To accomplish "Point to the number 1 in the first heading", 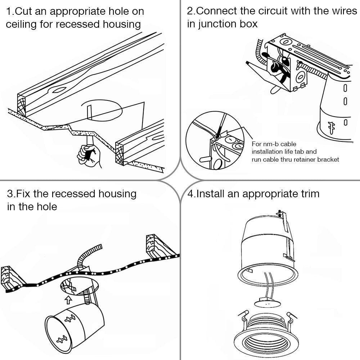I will [x=9, y=11].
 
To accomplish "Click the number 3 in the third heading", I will [x=10, y=194].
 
